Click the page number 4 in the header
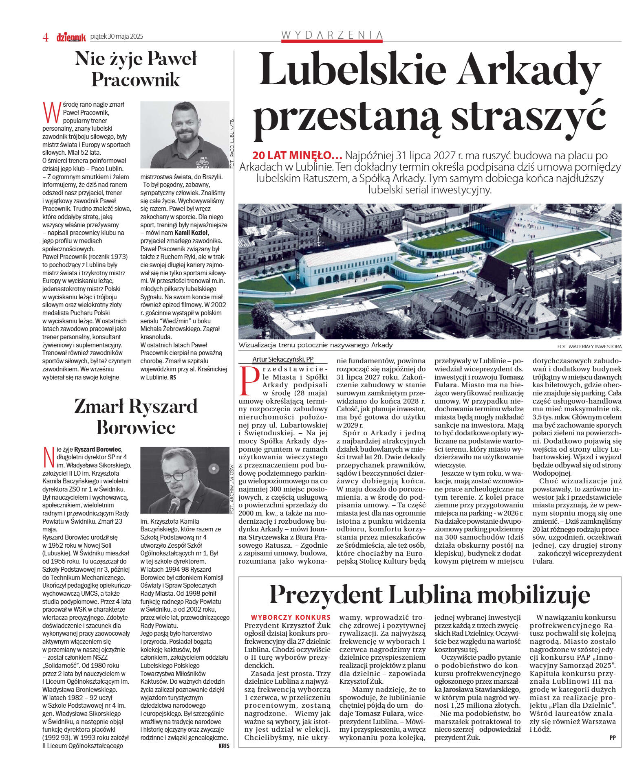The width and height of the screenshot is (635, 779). [46, 37]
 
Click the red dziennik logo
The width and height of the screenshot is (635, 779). [71, 37]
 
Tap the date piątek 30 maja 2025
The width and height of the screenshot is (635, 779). [117, 37]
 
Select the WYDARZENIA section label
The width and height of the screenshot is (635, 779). [332, 35]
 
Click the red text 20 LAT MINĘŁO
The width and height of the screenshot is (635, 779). [297, 156]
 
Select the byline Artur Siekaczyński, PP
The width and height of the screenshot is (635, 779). [282, 359]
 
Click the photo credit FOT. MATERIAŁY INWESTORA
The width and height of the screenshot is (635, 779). [589, 347]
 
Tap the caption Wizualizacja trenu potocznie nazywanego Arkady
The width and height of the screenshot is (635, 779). [315, 345]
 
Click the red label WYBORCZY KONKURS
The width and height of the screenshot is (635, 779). [291, 617]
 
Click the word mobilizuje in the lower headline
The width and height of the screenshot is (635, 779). [534, 595]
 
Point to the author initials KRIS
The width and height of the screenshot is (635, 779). [223, 746]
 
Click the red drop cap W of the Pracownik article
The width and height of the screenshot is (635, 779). [52, 113]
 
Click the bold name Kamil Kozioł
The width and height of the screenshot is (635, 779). [191, 233]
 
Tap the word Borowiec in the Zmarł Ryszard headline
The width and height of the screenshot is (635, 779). [136, 427]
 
